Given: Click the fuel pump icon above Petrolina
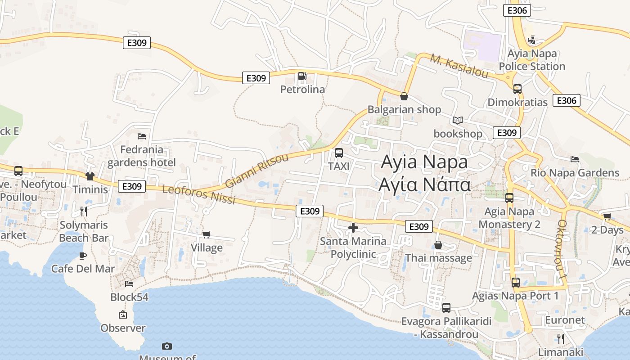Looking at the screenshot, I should pos(302,76).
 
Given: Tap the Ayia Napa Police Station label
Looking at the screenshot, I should pos(532,60).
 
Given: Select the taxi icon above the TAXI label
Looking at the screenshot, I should pos(339,153).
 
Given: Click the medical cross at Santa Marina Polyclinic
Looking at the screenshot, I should pos(353,228).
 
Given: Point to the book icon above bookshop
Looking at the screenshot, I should pos(458,120).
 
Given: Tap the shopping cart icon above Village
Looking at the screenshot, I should pos(207,234).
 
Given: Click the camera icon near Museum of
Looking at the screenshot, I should pos(167,346).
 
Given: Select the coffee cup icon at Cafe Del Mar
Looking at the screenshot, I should pos(83,256).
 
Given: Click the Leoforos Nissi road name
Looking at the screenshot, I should pos(198,194).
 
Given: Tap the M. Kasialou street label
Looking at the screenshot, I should pos(459,66).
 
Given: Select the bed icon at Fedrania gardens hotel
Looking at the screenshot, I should pos(142,136).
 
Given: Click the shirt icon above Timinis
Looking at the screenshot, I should pos(90,176).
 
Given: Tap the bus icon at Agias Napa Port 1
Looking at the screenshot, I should pos(516,283).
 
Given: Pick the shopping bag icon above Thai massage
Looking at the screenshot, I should pos(438,245).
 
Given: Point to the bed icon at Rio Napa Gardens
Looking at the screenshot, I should pos(575,159).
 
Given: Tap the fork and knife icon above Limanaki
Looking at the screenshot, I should pos(560,338).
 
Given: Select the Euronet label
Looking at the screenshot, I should pos(565,320).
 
